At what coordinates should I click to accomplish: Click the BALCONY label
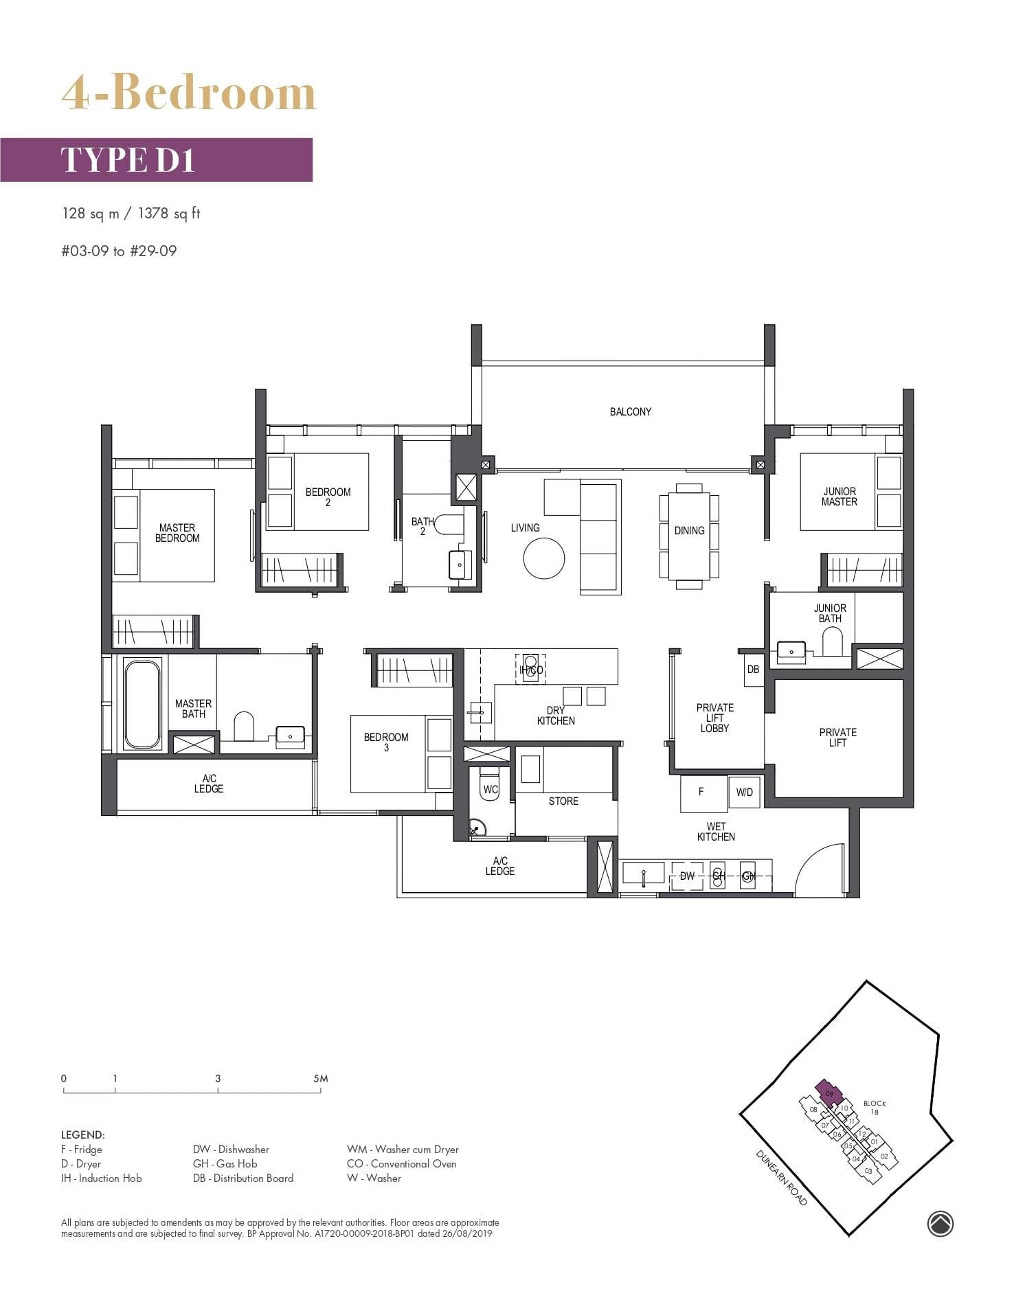[x=630, y=411]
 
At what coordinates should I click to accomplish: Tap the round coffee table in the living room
[x=543, y=558]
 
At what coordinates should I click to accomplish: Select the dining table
[x=689, y=536]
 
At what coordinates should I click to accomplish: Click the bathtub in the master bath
[x=142, y=704]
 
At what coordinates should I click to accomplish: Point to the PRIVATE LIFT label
[x=837, y=737]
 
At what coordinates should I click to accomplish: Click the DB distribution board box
[x=753, y=670]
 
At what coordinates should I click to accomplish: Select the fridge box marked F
[x=703, y=793]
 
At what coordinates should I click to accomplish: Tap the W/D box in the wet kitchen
[x=744, y=793]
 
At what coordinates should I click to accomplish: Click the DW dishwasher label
[x=687, y=876]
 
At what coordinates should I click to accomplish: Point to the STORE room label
[x=563, y=801]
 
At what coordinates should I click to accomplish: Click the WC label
[x=490, y=790]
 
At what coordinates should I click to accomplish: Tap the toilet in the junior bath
[x=832, y=645]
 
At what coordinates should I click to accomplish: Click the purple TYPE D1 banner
[x=156, y=159]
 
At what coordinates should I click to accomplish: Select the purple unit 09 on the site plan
[x=829, y=1092]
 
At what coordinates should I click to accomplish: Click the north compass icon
[x=940, y=1223]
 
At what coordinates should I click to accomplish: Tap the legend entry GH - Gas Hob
[x=225, y=1163]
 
